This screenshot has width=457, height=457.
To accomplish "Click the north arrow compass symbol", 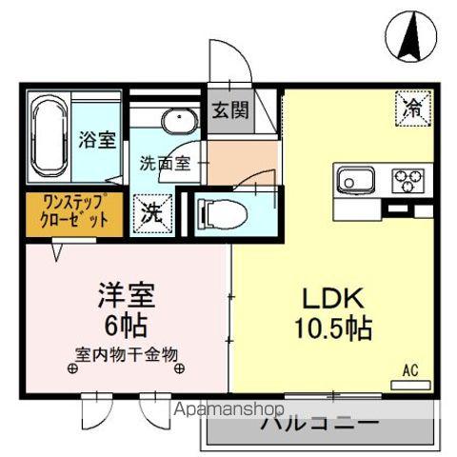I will (x=410, y=34).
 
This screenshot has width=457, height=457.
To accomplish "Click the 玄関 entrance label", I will (x=229, y=109).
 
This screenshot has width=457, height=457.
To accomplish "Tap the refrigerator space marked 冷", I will (x=412, y=108).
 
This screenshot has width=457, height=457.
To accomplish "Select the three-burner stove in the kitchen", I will (x=408, y=178).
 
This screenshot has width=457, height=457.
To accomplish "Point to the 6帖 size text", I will (x=124, y=324).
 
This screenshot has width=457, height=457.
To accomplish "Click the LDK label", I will (x=328, y=296).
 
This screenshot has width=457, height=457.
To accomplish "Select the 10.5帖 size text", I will (x=328, y=329).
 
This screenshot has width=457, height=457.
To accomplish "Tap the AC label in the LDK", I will (x=411, y=369).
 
